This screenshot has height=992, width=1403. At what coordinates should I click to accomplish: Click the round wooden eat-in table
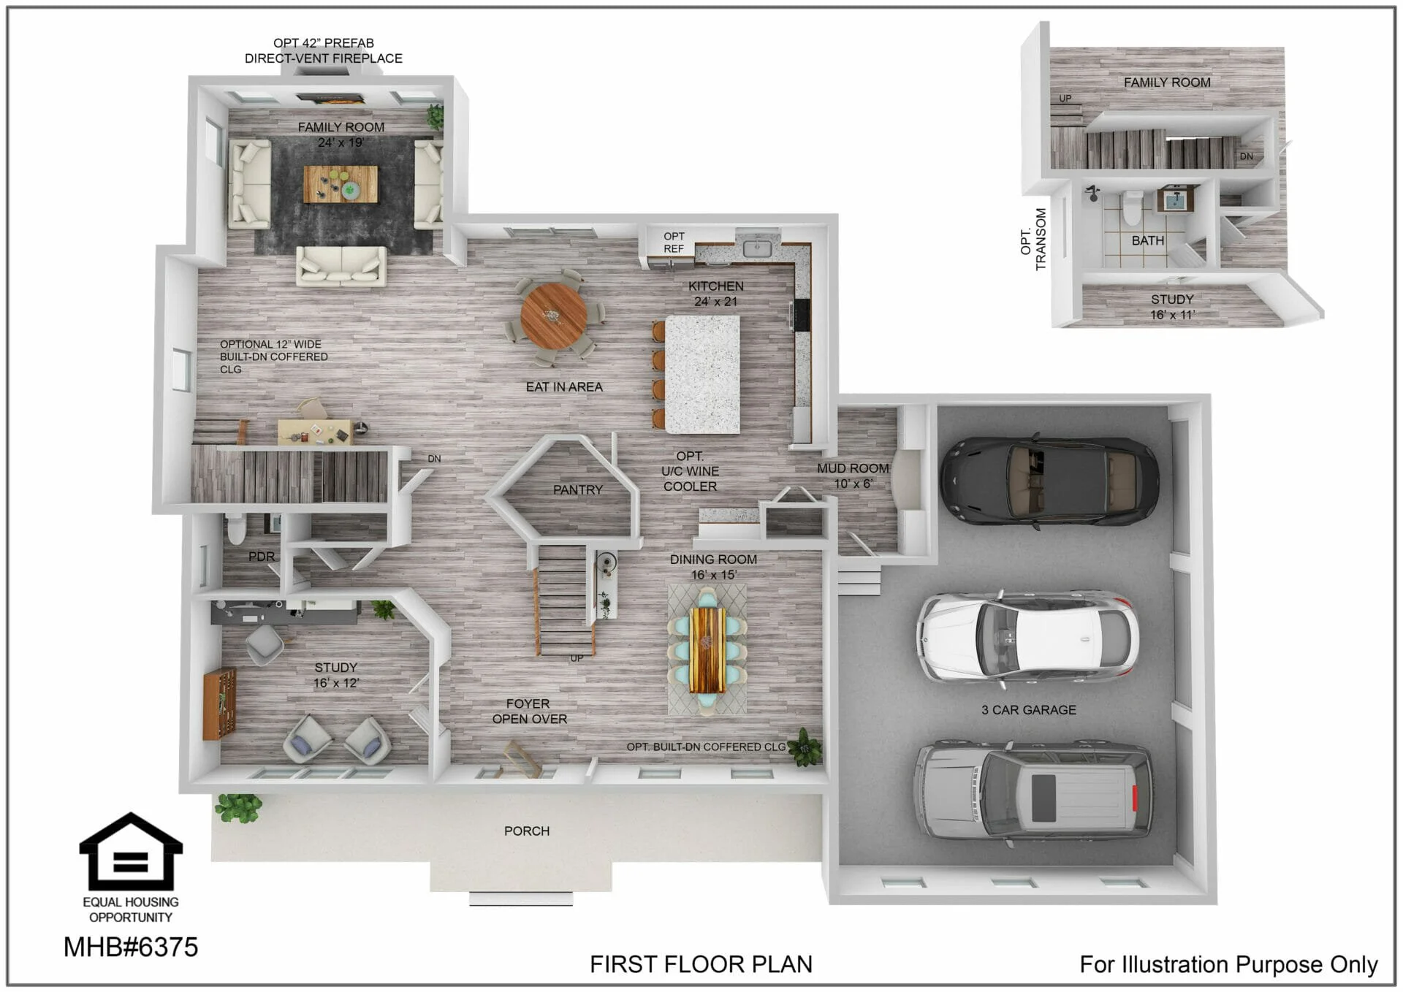553,316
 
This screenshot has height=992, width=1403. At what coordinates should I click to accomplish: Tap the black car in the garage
1049,480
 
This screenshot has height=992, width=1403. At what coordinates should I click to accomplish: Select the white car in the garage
1027,638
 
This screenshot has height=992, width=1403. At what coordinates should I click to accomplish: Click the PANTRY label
577,489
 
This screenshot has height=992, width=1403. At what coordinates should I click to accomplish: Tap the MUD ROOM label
853,468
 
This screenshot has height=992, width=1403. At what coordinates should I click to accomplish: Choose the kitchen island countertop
702,374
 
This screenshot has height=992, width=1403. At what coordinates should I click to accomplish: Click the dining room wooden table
707,650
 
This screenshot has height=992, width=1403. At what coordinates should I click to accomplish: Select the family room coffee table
341,184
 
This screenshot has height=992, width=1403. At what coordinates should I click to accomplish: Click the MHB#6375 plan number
131,947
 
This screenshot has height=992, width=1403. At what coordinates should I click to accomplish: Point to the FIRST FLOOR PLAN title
701,964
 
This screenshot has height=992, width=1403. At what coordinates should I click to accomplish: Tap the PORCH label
527,831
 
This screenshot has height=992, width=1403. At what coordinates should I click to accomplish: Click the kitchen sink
757,248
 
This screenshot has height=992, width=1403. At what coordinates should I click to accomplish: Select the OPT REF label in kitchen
674,243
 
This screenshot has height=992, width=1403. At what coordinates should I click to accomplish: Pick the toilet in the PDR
236,529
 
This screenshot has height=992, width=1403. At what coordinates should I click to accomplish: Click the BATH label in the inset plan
1147,240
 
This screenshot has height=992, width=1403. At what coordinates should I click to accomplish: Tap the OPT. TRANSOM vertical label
1033,240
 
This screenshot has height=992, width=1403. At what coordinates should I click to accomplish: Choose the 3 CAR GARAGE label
1028,709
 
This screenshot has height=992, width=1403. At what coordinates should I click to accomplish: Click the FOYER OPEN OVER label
529,711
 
